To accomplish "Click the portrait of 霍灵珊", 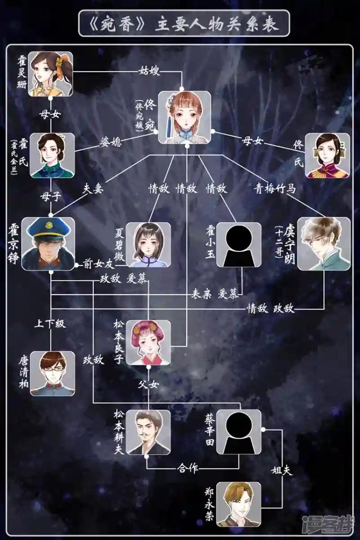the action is (50, 74).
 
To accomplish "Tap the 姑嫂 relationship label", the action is (149, 71).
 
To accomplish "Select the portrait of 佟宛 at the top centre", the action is (184, 117).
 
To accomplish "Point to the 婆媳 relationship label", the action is (111, 142).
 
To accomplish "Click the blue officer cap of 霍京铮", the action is (48, 229).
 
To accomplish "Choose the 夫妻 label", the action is (93, 189).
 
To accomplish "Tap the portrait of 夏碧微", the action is (148, 245).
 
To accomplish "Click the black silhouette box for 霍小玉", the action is (238, 245).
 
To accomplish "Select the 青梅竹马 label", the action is (274, 189).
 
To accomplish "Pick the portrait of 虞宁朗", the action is (324, 244).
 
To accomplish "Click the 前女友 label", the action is (99, 265).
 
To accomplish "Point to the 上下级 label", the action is (50, 324).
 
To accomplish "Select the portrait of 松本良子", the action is (148, 342).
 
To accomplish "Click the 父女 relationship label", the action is (148, 384).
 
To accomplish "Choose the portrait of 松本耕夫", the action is (148, 432).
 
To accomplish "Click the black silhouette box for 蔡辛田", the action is (238, 432).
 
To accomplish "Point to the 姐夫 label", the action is (282, 470).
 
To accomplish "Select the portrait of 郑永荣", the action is (238, 504).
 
